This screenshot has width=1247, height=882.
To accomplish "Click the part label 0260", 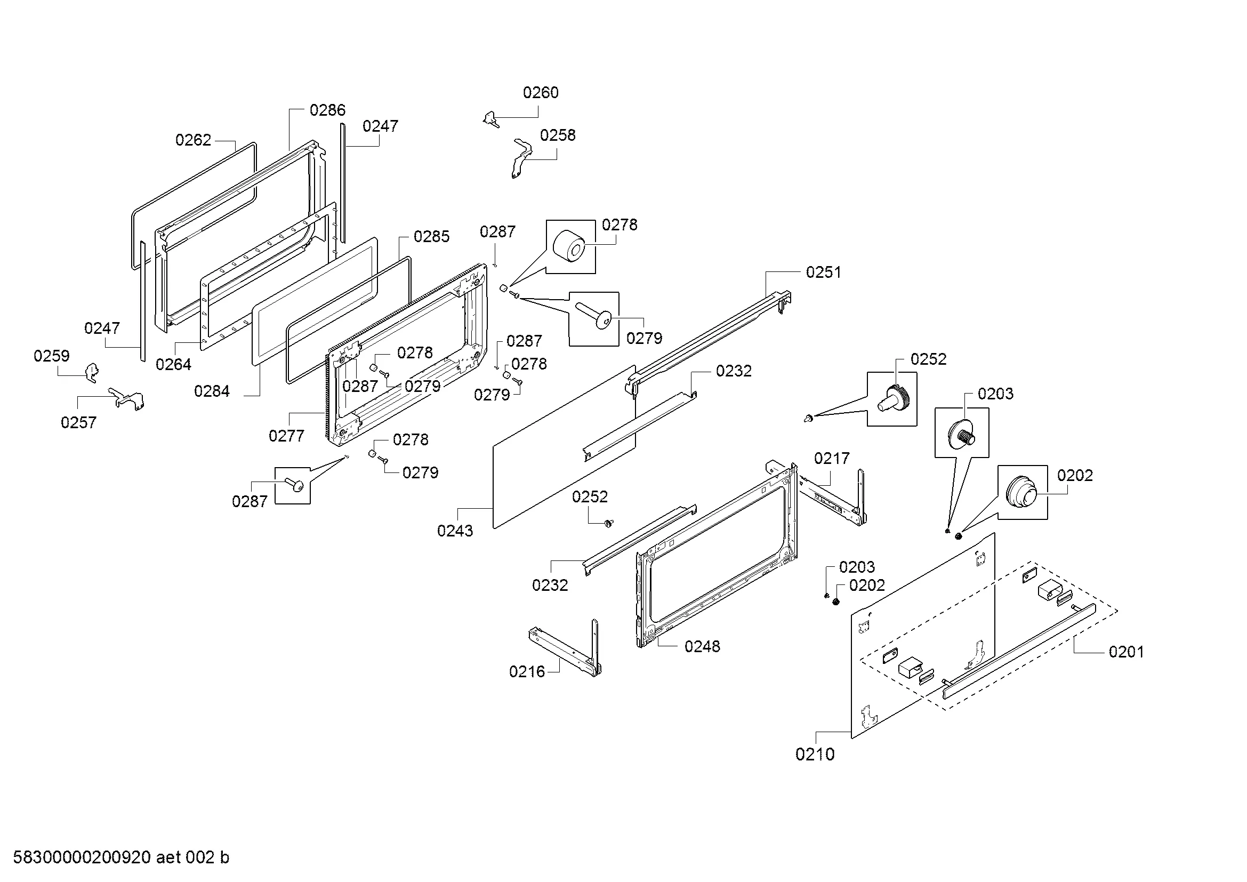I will [x=541, y=93].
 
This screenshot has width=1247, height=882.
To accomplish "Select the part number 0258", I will [x=557, y=135].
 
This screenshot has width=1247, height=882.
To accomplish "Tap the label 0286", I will [x=327, y=110].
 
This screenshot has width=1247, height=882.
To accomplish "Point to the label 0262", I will [x=193, y=140].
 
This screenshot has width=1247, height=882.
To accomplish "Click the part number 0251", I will [x=823, y=272].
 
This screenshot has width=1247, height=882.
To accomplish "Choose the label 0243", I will [x=455, y=531].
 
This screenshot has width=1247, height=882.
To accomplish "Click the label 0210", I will [x=815, y=755].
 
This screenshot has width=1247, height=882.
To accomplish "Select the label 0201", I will [x=1126, y=652].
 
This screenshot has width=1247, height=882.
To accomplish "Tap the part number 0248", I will [x=702, y=646].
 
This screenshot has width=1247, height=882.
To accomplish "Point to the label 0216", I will [x=526, y=672].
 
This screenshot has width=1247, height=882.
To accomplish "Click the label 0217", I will [x=831, y=459].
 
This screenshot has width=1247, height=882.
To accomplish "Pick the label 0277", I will [x=286, y=436].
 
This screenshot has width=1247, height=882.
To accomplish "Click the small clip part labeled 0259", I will [x=92, y=373].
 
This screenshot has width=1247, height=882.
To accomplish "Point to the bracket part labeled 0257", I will [x=128, y=399].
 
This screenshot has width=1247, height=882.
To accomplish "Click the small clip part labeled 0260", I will [x=492, y=119].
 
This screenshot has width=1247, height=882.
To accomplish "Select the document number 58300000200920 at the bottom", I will [x=82, y=857].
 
